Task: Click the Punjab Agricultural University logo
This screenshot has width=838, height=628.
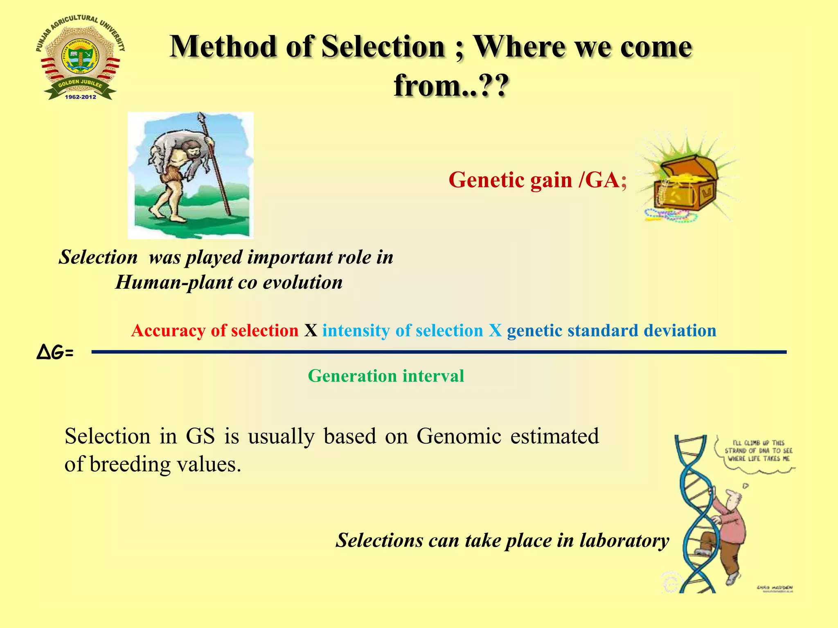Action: pos(80,57)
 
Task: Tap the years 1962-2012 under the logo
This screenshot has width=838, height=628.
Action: pos(80,97)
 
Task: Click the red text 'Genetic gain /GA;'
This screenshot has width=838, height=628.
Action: pos(537,180)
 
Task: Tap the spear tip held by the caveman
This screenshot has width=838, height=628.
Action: pos(200,119)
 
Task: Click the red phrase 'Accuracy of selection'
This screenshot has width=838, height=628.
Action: pos(215,330)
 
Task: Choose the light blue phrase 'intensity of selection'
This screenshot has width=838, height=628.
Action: pos(403,330)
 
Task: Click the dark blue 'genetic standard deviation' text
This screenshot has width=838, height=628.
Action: pos(611,330)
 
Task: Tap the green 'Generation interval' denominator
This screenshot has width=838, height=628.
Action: pos(386,376)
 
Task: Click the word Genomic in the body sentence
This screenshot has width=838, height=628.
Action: pos(459,436)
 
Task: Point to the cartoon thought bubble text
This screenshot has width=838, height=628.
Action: pos(758,451)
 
